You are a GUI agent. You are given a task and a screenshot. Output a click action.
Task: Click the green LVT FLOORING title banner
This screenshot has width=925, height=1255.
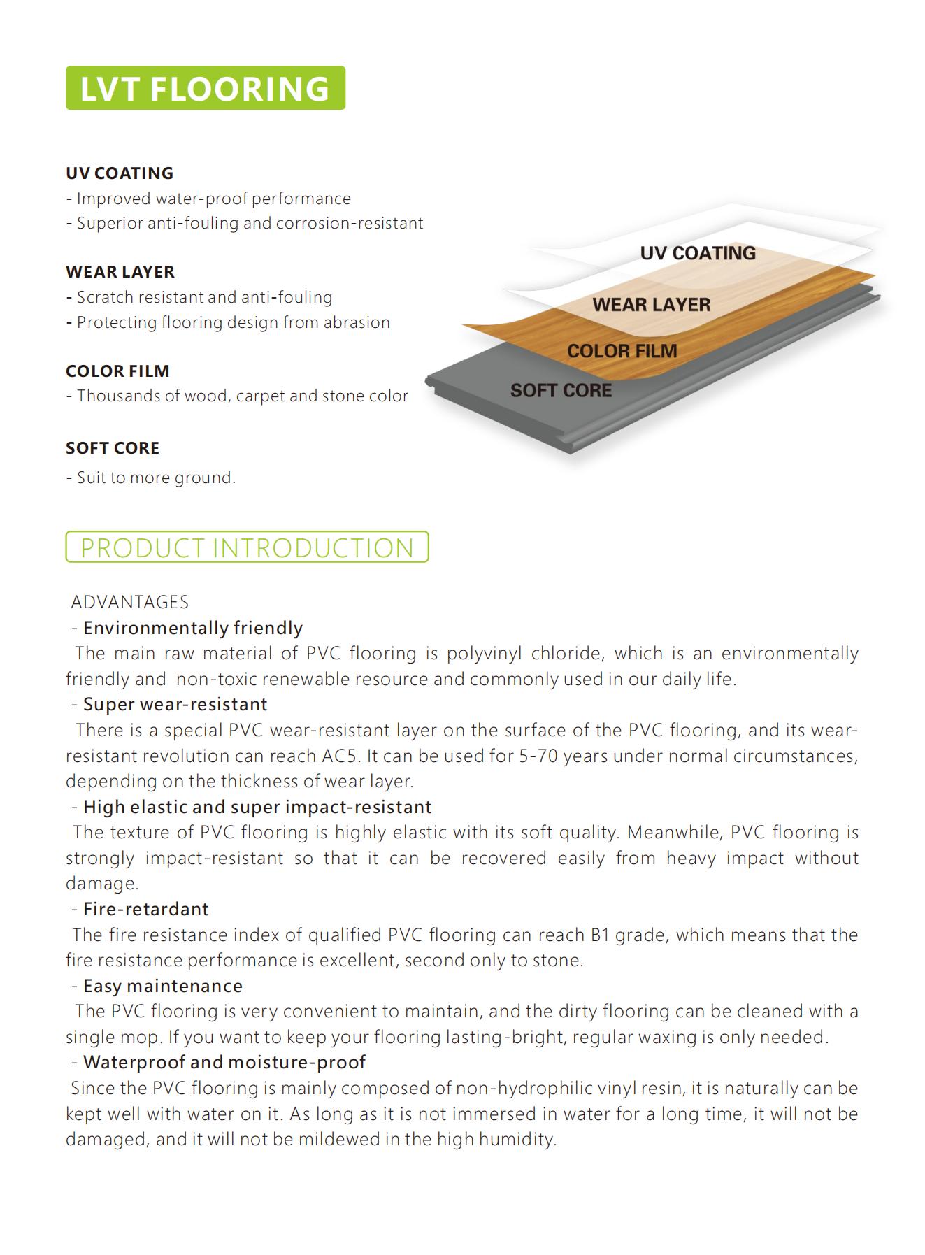point(205,88)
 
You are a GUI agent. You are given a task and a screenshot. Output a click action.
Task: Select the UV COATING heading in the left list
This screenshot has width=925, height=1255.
point(120,173)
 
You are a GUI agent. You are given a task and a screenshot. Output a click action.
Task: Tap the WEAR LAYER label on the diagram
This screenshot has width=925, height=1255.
point(651,305)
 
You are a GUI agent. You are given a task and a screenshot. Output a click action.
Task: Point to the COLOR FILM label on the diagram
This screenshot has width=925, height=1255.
point(622,351)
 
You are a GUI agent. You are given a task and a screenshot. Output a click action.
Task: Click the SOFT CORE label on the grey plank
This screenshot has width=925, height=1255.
point(561,390)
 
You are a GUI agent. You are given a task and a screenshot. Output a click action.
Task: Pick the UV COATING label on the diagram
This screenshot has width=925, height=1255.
point(698,253)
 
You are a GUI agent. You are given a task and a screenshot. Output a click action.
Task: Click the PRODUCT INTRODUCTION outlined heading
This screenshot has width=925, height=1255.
point(247,547)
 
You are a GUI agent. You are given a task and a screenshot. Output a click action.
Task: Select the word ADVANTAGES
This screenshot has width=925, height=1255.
point(130,602)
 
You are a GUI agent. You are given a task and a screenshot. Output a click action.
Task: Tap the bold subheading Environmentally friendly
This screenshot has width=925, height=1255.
point(192,628)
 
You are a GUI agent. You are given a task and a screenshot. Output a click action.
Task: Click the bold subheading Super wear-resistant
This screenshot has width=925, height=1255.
point(175,704)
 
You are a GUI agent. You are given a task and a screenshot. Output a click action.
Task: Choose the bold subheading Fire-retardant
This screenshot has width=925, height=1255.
point(145,909)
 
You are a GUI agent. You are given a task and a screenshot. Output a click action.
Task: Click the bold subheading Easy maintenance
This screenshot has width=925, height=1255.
point(162,986)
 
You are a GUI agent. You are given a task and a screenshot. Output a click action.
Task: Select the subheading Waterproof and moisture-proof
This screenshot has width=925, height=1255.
point(224,1062)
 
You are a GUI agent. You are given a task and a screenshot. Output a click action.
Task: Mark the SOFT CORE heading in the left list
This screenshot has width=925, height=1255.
point(113,447)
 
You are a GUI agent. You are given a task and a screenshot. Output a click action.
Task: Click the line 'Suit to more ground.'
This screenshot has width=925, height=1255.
point(155,478)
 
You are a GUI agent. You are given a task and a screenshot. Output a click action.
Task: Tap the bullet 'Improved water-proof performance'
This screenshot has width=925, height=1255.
point(213,199)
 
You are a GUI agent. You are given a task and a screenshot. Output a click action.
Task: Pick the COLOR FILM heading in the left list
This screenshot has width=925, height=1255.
point(117,371)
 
